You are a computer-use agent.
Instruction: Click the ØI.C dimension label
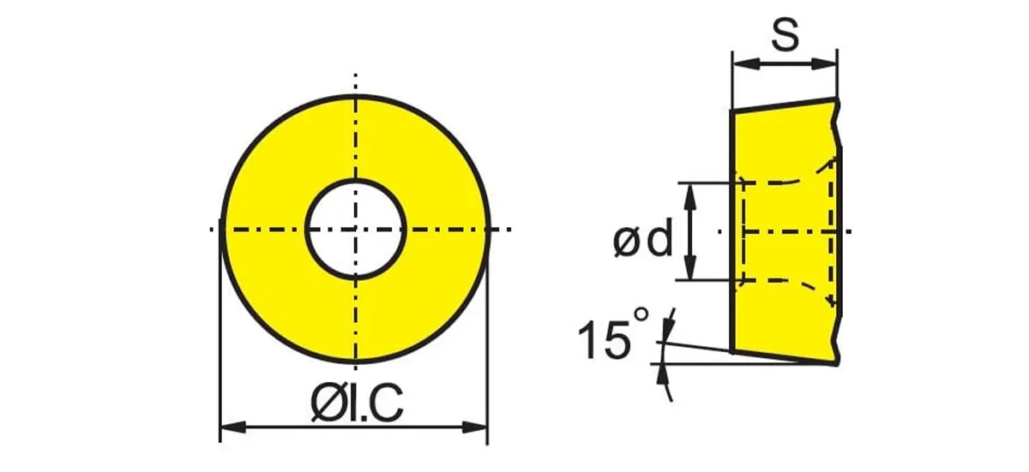click(x=357, y=403)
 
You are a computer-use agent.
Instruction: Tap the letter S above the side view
click(x=785, y=35)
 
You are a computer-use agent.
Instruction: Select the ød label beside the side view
click(x=642, y=237)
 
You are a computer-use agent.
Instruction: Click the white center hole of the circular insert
click(x=355, y=230)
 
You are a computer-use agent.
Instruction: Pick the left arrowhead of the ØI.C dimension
click(x=233, y=427)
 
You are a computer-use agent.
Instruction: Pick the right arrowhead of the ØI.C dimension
click(x=474, y=427)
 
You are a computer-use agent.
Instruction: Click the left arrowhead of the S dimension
click(x=745, y=63)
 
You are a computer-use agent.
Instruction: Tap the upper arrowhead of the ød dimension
click(x=690, y=195)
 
